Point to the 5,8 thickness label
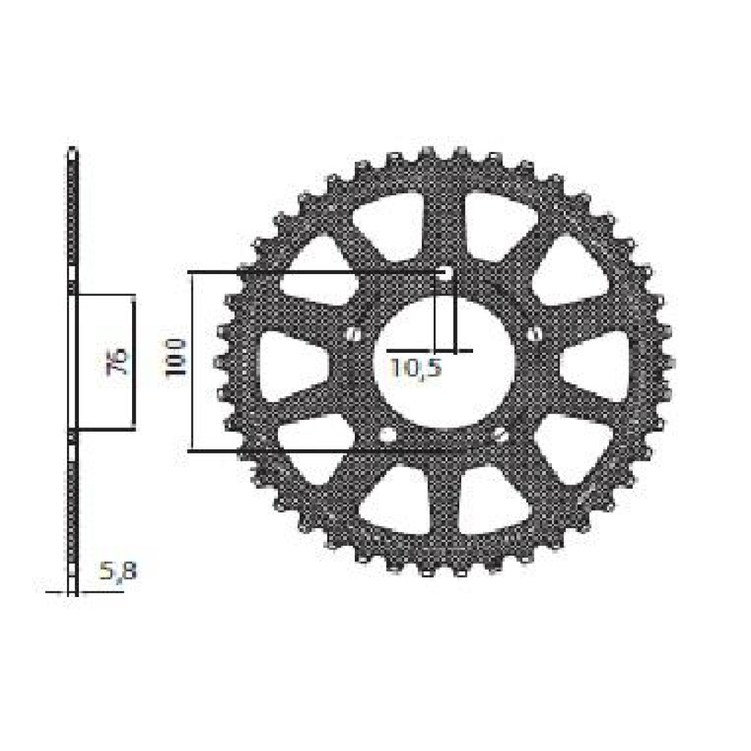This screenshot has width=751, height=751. (x=118, y=570)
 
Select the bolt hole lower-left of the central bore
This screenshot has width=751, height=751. (x=387, y=434)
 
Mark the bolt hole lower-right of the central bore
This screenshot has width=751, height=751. (x=500, y=435)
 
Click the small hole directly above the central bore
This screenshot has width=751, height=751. (x=445, y=273)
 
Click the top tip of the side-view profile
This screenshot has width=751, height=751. (x=73, y=151)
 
